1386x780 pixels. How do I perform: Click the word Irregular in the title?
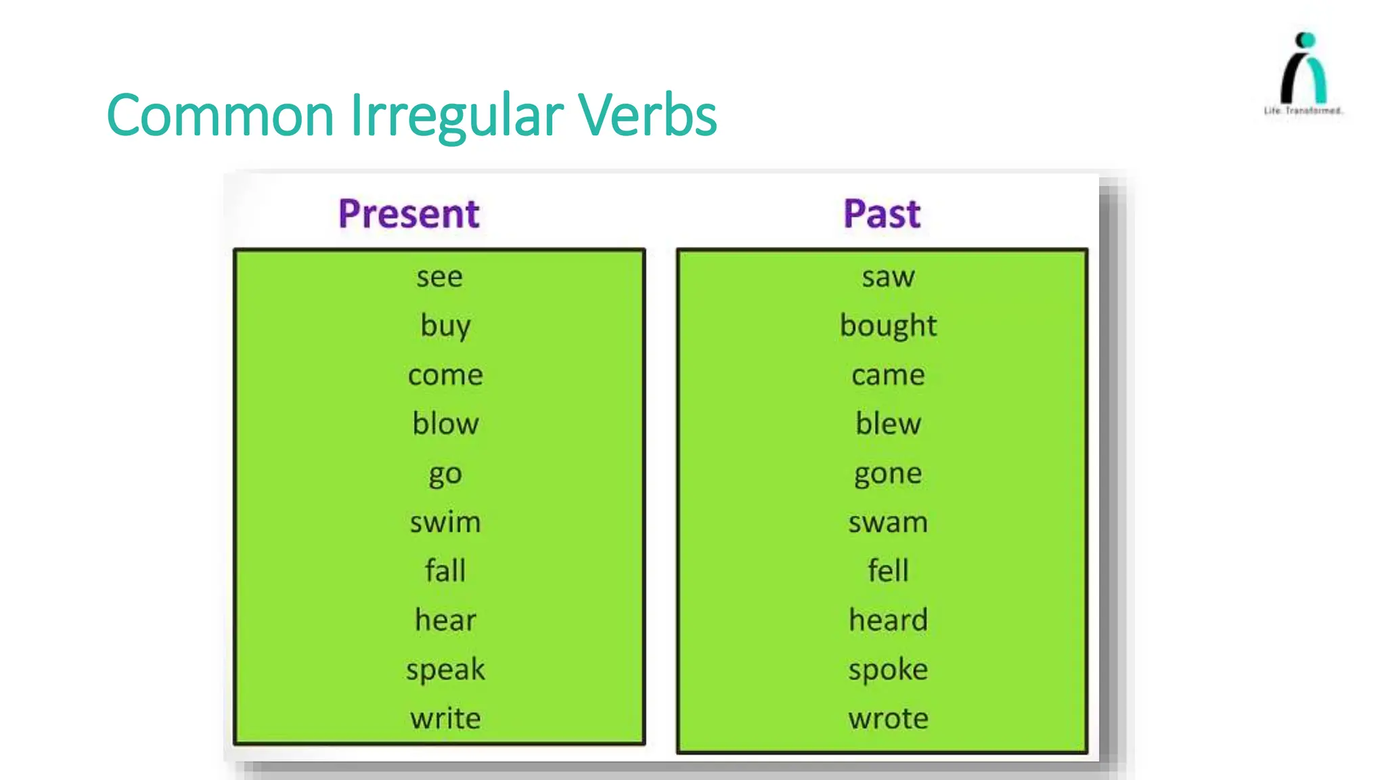457,115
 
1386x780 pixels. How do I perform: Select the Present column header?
409,214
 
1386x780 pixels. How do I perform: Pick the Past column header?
882,214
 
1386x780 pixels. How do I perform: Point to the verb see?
440,277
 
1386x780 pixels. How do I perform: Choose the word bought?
888,326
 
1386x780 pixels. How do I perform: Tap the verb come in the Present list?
445,375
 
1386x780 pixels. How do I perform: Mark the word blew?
888,424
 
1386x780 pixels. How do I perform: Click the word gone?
888,474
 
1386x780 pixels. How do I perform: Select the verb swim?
445,523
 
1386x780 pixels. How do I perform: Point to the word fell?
888,571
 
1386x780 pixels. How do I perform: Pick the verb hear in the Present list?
445,620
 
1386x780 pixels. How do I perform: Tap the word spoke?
888,670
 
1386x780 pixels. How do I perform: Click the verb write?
445,718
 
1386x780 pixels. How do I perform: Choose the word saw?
888,277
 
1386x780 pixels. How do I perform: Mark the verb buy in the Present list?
445,326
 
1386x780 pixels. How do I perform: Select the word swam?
888,523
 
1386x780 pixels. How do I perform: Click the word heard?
888,620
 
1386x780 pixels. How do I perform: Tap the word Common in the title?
220,115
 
